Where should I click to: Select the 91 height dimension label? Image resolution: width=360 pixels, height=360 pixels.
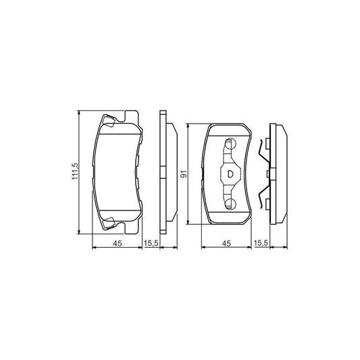click(183, 174)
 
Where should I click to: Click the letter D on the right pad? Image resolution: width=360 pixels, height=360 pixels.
click(230, 174)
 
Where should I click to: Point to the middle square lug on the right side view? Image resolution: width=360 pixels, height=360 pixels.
click(267, 174)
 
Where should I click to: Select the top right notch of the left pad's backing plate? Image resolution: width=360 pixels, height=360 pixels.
click(136, 115)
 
